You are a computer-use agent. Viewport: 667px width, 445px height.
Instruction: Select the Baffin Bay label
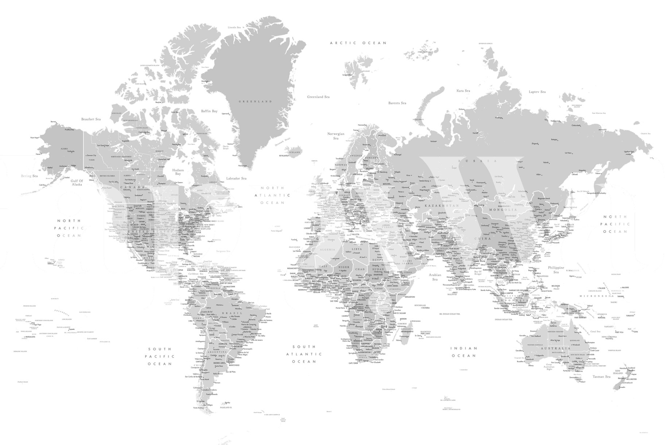[209, 111]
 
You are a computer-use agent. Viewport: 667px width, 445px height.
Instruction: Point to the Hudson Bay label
[178, 172]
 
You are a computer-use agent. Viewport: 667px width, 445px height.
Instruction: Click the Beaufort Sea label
[91, 119]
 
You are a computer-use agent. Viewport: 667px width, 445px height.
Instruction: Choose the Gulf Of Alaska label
[77, 182]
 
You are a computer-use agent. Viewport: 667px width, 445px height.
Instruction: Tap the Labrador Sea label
[236, 178]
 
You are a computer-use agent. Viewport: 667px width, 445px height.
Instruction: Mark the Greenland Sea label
[318, 97]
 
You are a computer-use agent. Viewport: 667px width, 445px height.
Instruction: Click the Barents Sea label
[397, 103]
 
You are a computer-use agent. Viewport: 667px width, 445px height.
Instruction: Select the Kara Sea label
[463, 91]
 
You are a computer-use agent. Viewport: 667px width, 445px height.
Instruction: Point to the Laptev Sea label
[537, 92]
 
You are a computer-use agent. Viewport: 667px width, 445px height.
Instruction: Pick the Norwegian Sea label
[336, 136]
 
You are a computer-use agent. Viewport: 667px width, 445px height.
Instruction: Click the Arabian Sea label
[435, 277]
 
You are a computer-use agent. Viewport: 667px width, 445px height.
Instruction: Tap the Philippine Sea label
[556, 270]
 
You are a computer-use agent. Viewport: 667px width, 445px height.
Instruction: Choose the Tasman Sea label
[601, 376]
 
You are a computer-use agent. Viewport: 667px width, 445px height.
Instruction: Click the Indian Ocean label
[464, 352]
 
